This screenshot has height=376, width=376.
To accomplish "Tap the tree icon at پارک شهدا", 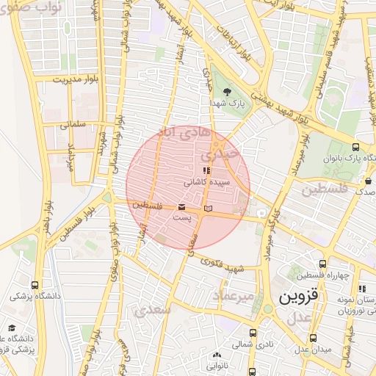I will (x=227, y=92).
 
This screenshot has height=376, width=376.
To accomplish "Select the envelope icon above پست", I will (x=181, y=207).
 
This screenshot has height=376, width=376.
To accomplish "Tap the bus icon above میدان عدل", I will (x=314, y=339).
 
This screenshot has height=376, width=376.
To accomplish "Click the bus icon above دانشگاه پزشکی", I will (x=35, y=285).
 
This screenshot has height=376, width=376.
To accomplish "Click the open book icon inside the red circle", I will (x=208, y=209).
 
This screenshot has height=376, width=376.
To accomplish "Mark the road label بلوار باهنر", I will (x=48, y=214).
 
